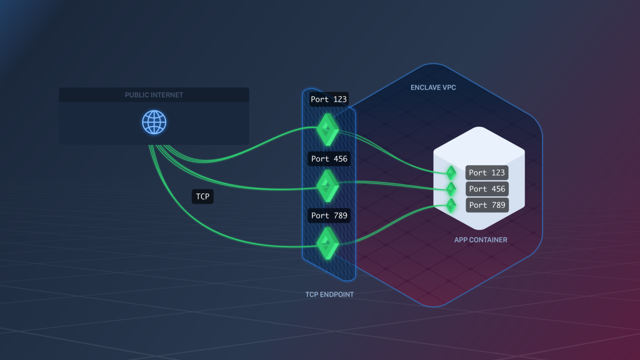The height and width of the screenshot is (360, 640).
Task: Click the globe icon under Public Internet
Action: [154, 122]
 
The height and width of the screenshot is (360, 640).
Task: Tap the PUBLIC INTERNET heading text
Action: [154, 95]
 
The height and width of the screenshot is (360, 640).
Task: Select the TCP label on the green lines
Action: [202, 196]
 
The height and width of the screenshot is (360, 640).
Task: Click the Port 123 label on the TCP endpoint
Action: [328, 99]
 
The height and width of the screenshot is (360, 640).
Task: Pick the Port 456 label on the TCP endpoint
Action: [329, 159]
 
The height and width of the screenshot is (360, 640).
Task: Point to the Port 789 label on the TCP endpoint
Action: [329, 215]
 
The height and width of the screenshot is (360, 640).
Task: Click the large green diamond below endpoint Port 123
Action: [328, 129]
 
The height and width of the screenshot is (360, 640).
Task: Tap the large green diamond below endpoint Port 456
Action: [328, 186]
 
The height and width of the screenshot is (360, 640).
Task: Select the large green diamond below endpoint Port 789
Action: [328, 243]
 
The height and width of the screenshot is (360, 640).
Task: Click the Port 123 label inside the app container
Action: [487, 172]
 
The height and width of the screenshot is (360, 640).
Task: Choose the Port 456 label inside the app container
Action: [487, 189]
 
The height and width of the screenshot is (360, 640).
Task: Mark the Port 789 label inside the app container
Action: [487, 205]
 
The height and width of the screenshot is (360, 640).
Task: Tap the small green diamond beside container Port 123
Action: [451, 173]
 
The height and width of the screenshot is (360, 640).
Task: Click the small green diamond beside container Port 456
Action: [451, 189]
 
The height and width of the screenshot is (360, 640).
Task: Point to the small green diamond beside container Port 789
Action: [451, 205]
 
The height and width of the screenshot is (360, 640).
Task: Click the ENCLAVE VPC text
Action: [433, 87]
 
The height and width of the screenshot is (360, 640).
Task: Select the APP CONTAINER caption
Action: [480, 240]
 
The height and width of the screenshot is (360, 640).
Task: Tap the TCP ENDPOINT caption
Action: [329, 294]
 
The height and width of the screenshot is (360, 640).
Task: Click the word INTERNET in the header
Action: [167, 95]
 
